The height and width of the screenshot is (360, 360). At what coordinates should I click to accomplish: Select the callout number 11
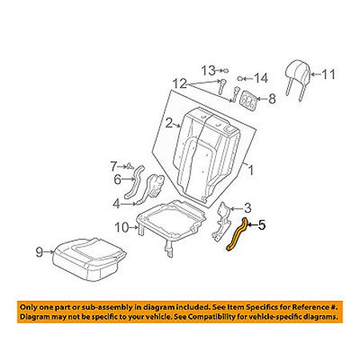pos(329,74)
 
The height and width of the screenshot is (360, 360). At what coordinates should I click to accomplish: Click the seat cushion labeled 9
pos(89,259)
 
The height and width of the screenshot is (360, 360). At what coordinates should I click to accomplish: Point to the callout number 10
pos(122,228)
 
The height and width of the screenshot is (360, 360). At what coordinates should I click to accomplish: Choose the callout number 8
pos(272,99)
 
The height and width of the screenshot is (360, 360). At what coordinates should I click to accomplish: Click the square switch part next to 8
pos(249,101)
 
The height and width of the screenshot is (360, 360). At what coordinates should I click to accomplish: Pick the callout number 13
pos(208,70)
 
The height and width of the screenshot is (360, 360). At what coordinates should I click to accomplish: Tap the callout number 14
pos(261,78)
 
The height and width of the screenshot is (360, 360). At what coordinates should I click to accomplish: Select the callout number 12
pos(180,84)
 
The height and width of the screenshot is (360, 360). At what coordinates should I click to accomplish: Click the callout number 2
pos(170,124)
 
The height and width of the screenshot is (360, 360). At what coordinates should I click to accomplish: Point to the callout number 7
pos(114,166)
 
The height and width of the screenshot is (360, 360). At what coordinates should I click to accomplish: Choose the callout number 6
pos(118,179)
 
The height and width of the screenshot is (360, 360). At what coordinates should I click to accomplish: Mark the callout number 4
pos(117,204)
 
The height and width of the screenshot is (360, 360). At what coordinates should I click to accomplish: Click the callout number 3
pos(247,208)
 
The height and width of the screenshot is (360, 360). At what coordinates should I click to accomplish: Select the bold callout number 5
pos(262,225)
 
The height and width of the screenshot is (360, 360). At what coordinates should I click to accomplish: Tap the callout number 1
pos(250,170)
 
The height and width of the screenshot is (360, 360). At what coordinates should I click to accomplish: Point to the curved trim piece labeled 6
pos(134,182)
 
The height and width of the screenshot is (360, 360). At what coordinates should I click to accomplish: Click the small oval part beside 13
pos(226,70)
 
